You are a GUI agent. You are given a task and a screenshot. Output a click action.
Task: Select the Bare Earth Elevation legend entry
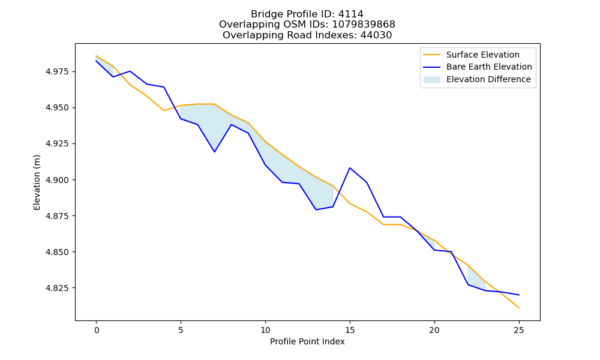478,67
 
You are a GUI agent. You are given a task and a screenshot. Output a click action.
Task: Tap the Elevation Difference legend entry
477,80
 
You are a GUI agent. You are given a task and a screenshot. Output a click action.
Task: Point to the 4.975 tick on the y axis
58,71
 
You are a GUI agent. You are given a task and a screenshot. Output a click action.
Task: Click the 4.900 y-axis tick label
58,180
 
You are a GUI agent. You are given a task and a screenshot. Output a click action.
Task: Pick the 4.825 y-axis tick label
58,288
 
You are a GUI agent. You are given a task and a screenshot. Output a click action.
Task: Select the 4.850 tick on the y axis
58,252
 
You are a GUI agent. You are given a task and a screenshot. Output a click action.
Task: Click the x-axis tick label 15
350,330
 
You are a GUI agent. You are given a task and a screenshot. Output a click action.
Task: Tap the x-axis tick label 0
97,330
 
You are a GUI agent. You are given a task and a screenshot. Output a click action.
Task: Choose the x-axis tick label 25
519,330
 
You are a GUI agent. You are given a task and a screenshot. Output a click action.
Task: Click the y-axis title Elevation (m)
37,182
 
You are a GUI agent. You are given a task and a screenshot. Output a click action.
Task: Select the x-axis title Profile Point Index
307,341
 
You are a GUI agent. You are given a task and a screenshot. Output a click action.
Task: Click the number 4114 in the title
350,14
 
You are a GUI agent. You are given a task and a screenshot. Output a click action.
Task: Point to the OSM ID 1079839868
364,25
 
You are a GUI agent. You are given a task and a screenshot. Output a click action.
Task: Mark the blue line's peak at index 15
350,168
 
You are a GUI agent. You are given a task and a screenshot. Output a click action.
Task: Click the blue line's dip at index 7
215,152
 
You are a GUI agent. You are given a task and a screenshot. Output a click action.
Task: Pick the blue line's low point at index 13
316,209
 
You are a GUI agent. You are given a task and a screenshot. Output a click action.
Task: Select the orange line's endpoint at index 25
519,308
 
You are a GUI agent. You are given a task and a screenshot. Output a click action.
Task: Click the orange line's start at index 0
96,55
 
